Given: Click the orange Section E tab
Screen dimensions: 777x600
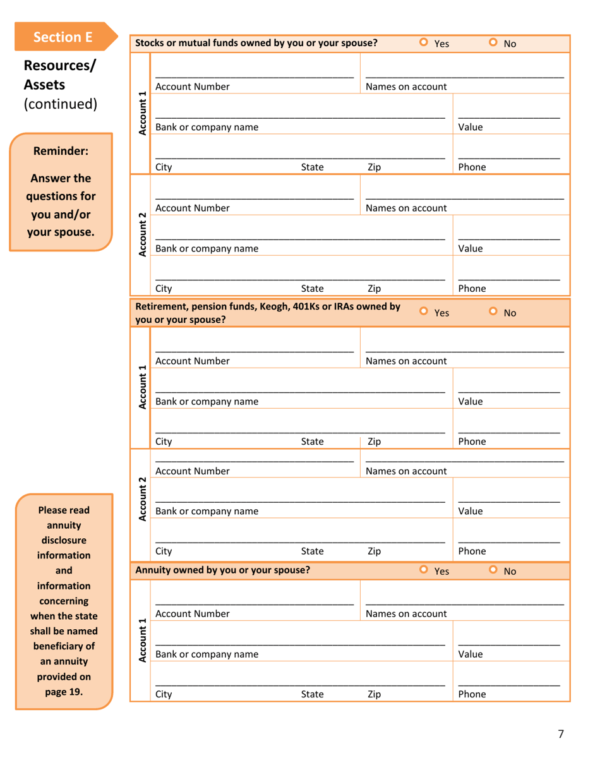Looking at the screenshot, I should coord(63,37).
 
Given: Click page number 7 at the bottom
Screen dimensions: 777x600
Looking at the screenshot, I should coord(560,733).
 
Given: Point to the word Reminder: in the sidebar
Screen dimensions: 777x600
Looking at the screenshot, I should coord(61,151).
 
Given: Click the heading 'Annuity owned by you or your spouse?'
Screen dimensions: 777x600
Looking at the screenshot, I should coord(223,570).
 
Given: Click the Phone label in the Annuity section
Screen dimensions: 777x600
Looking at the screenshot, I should coord(471,694).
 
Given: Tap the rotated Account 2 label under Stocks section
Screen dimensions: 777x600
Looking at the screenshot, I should coord(143,234).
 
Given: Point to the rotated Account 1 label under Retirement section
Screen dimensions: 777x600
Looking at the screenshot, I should coord(143,387).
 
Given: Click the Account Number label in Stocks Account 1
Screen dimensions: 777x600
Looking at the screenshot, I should coord(192,87).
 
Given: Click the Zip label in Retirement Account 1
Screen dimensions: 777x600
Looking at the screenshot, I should coord(374,442).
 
